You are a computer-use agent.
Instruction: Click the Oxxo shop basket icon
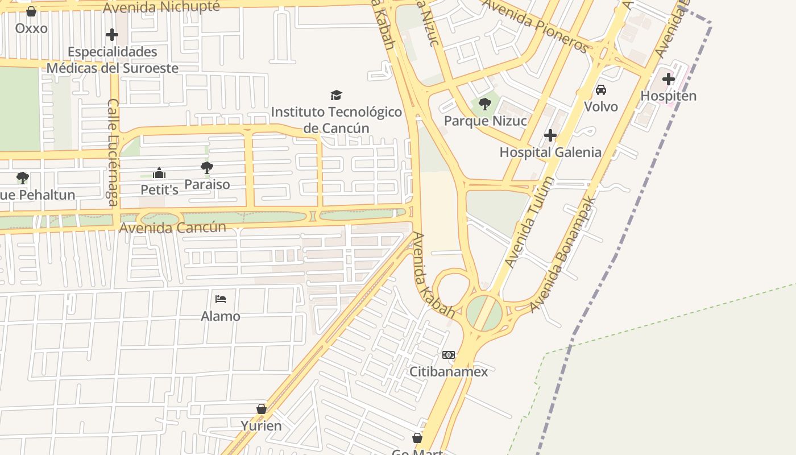31,11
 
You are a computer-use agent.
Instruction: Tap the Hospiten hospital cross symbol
668,79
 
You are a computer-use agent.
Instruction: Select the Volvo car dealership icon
600,90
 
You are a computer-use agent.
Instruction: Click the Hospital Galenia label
550,152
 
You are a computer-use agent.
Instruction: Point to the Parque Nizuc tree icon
484,104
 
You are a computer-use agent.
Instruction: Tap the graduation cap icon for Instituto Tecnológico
336,95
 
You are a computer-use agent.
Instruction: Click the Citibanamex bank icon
449,355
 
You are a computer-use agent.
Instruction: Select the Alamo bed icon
221,299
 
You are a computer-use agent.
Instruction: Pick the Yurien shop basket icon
261,409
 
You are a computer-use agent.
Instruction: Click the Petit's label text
159,189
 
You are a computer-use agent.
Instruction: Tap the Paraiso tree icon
207,168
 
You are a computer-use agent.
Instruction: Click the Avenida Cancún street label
173,227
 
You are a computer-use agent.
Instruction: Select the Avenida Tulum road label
529,222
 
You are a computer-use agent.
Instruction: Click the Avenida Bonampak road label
563,254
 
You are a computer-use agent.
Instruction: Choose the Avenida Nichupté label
162,7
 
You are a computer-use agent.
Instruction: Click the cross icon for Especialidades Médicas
112,35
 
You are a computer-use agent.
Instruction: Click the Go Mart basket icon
417,438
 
